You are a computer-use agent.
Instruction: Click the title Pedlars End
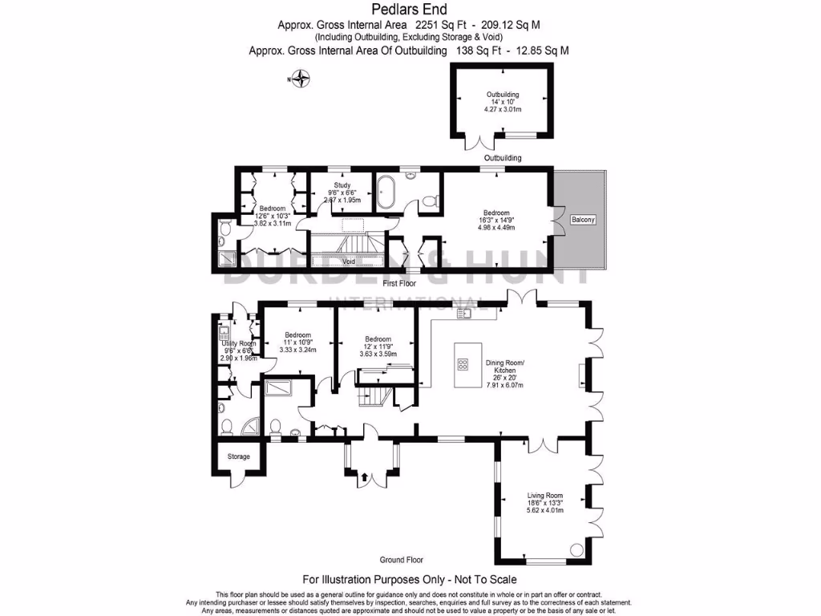click(x=410, y=10)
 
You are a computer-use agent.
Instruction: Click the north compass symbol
click(x=301, y=79)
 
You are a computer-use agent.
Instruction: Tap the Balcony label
click(x=582, y=219)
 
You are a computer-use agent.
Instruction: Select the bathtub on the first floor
click(x=387, y=195)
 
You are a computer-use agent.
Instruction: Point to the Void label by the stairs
click(x=349, y=261)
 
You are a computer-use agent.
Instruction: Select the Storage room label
click(x=238, y=456)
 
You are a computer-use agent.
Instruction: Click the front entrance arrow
click(x=365, y=476)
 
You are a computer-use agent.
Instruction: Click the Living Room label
click(x=545, y=496)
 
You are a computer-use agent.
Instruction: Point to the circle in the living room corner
click(x=575, y=550)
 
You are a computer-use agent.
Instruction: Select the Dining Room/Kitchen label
click(x=505, y=366)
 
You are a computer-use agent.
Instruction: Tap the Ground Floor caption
click(x=401, y=560)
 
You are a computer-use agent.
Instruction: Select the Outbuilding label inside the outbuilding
click(x=503, y=95)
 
